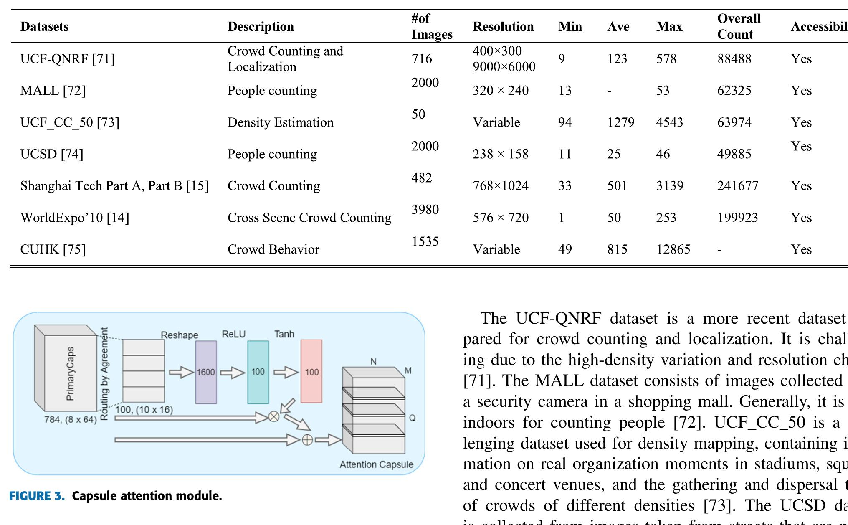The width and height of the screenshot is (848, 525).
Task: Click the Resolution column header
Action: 503,27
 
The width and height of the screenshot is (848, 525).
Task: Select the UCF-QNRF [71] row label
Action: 67,59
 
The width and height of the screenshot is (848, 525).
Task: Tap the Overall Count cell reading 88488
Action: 734,59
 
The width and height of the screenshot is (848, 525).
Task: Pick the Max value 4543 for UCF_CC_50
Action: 669,122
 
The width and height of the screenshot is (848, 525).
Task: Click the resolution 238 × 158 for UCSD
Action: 500,154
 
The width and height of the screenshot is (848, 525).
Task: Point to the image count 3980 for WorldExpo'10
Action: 425,209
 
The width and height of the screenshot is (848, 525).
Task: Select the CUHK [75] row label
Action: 53,249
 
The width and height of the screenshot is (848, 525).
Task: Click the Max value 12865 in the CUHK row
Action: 673,249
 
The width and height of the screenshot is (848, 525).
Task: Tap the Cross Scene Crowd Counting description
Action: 309,218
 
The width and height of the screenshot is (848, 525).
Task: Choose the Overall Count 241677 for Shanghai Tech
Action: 737,186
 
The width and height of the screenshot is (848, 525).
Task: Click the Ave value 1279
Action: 620,122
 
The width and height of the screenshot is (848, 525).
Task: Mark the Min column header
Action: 570,27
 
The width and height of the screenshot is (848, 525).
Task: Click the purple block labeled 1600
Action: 206,372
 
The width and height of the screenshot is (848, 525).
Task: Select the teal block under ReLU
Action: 258,372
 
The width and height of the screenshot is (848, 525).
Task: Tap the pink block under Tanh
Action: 311,372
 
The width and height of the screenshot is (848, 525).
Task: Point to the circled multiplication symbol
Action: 274,416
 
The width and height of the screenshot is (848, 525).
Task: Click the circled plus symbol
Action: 307,440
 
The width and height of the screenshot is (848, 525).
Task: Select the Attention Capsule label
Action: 376,464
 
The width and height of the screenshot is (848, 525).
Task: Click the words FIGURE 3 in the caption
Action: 37,496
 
